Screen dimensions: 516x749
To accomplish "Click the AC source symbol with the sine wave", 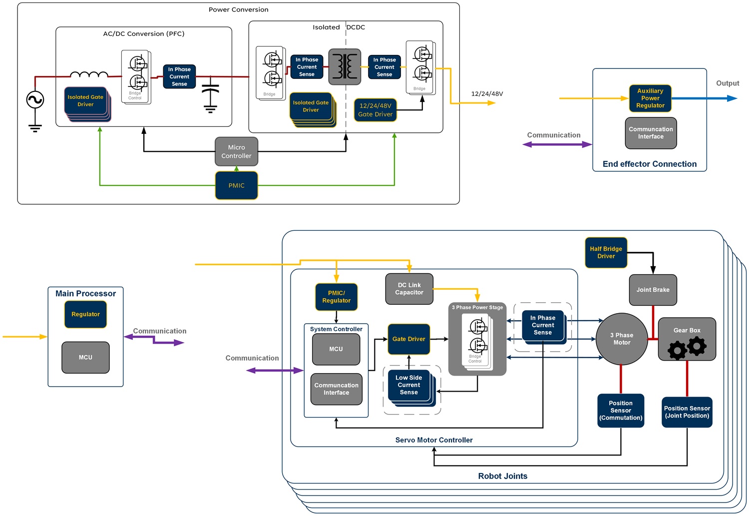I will point(35,99).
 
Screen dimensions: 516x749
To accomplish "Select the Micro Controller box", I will point(236,152).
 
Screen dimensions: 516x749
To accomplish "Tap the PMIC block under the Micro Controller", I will point(236,185).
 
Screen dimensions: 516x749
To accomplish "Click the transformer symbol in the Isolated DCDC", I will point(345,66).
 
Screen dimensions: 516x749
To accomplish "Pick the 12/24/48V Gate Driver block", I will point(375,110).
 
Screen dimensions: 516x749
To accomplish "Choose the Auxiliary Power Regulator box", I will point(650,98).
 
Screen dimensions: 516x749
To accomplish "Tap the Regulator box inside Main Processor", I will point(85,314).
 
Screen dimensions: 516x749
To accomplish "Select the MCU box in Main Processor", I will point(85,357).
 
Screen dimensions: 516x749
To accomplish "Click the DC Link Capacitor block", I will point(409,289).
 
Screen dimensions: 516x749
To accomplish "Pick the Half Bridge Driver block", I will point(606,253).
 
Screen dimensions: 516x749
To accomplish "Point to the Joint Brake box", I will point(653,290).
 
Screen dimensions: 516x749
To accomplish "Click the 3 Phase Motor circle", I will point(622,339).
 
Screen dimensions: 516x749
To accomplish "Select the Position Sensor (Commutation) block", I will point(621,411).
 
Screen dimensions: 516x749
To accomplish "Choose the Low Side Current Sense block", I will point(409,385).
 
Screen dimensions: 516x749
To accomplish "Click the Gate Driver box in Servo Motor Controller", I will point(408,339).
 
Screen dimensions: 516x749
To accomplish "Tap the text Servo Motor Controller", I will point(433,440).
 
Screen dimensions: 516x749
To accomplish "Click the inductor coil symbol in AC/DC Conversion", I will point(89,75).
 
